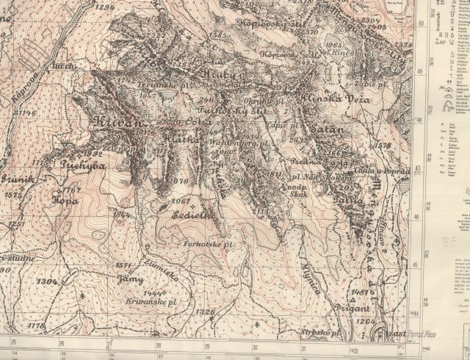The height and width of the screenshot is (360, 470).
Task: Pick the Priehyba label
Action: (x=84, y=165)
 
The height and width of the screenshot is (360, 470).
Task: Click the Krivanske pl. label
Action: (x=144, y=302)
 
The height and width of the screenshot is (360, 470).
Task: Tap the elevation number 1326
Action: (x=208, y=312)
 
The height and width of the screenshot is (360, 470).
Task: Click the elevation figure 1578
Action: (x=383, y=145)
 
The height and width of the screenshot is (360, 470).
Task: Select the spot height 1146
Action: (x=27, y=112)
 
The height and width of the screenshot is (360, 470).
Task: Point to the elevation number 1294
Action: (x=106, y=7)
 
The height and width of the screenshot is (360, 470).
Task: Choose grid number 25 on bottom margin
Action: (x=13, y=343)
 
